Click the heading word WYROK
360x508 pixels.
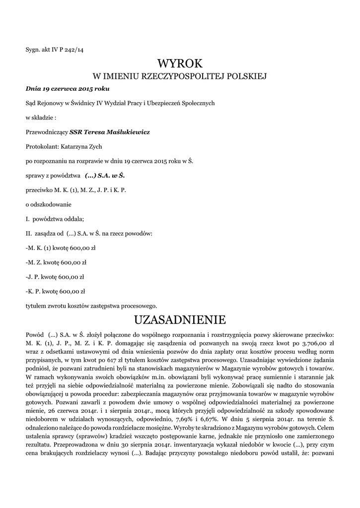(180, 63)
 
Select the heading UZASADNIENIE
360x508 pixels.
(180, 318)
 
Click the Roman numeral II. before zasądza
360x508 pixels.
(28, 233)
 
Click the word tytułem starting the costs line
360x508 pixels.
(35, 305)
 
